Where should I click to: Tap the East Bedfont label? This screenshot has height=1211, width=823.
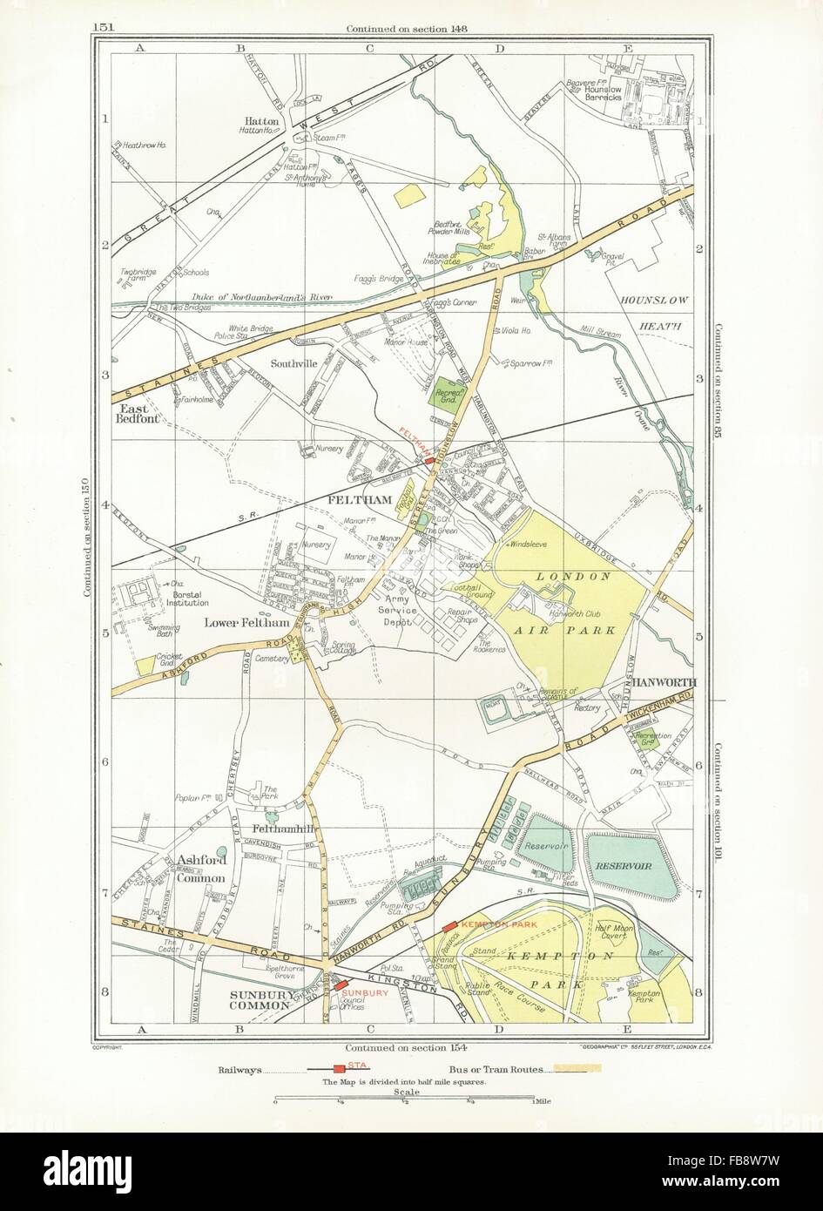click(142, 416)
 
